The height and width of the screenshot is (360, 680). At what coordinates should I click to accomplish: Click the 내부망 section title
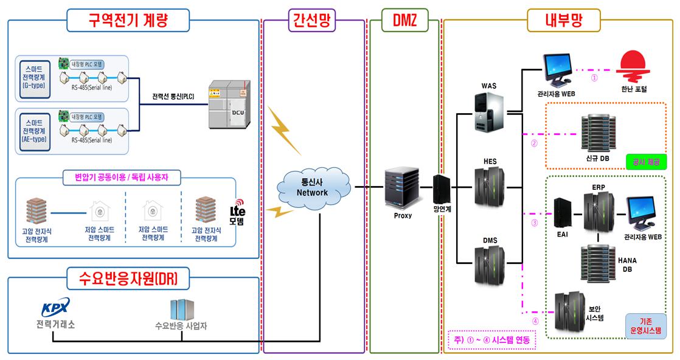point(563,20)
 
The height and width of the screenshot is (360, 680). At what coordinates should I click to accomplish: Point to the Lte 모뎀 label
point(237,215)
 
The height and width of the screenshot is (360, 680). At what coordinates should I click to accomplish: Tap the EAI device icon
point(561,211)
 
